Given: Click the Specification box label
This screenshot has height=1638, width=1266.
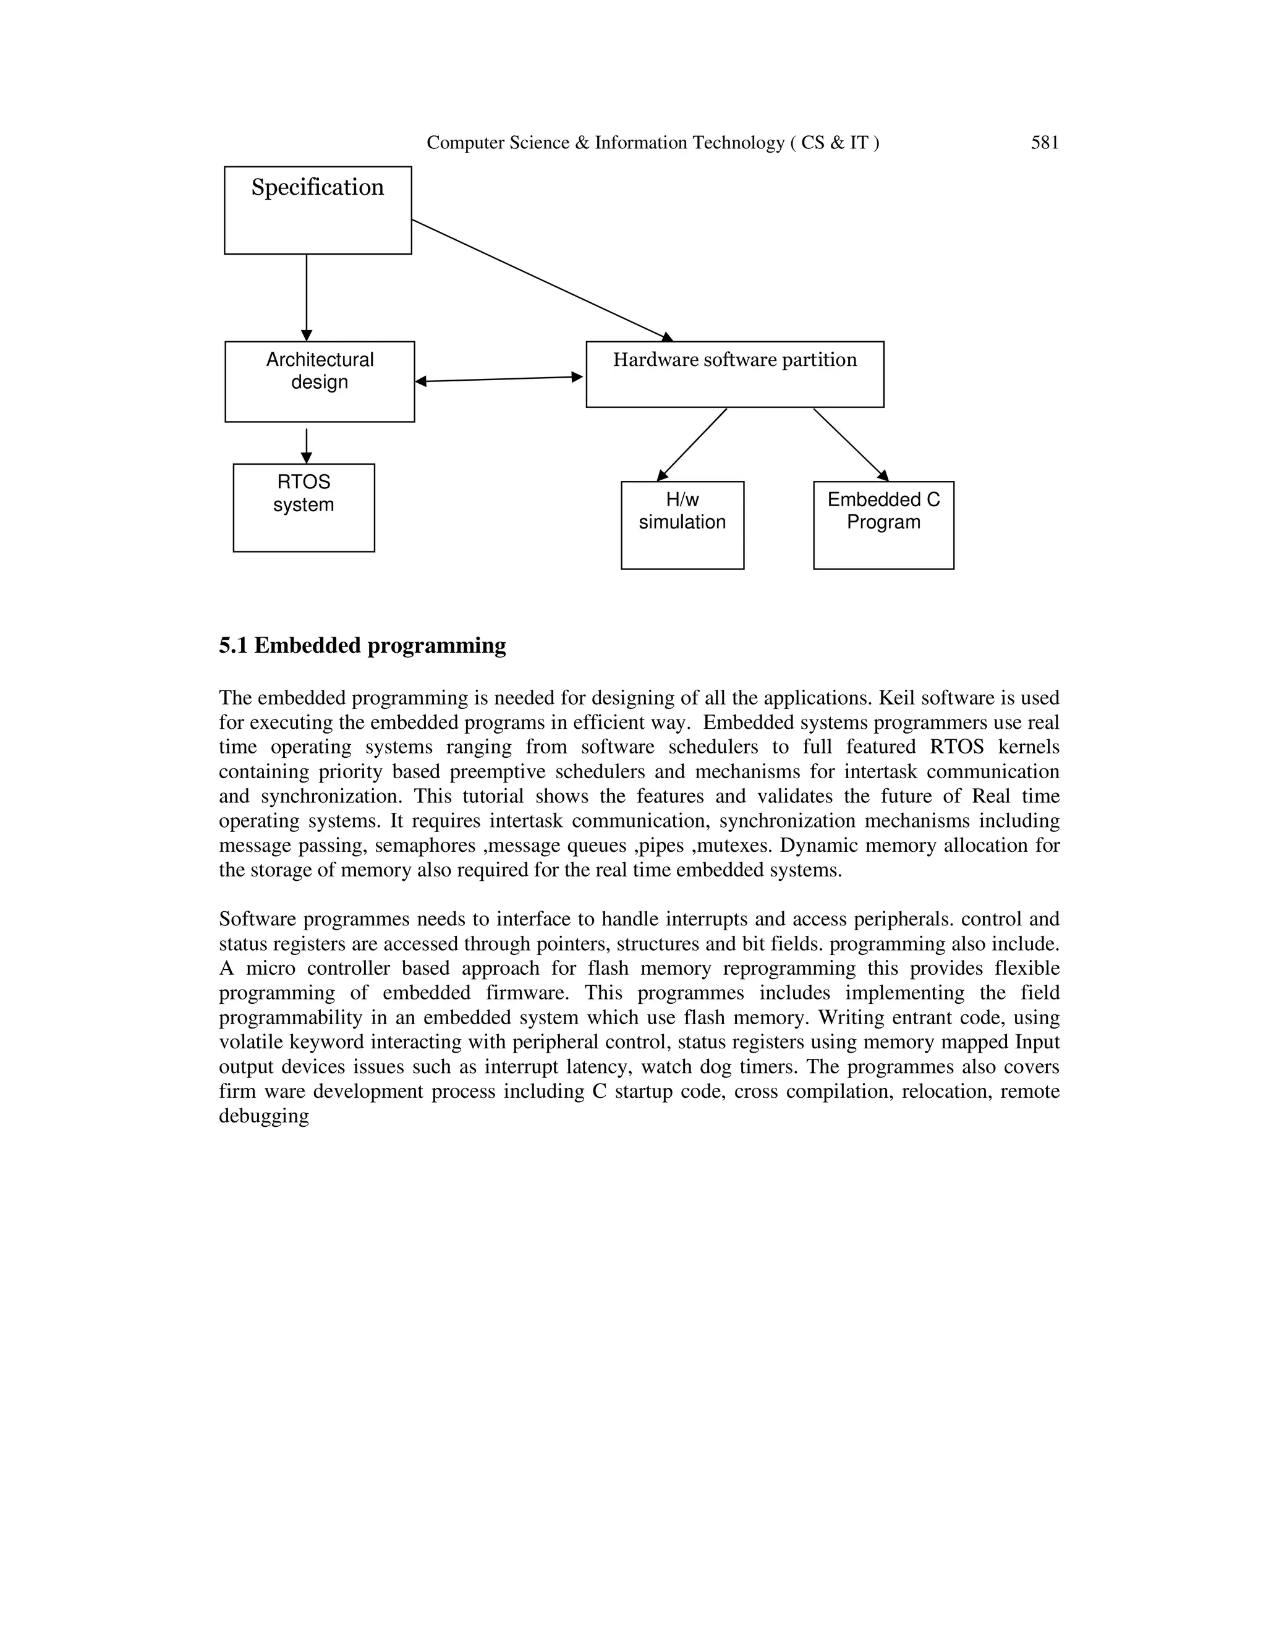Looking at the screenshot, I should [x=317, y=187].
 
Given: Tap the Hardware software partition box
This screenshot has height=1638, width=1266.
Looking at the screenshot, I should [x=734, y=374].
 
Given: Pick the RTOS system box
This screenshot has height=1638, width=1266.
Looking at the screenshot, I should [x=304, y=507].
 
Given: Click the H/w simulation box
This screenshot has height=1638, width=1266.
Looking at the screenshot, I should [x=682, y=525].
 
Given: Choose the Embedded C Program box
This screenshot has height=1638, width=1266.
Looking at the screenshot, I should [x=883, y=525].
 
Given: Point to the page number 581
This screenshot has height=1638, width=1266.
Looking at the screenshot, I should [x=1044, y=143].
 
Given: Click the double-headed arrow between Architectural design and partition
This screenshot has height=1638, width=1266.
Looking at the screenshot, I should [x=499, y=380].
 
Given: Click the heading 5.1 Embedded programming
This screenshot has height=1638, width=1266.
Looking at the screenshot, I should [x=362, y=646].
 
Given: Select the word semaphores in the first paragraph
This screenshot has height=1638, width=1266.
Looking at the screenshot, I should [x=425, y=846].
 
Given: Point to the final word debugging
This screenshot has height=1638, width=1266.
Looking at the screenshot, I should [x=264, y=1116].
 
